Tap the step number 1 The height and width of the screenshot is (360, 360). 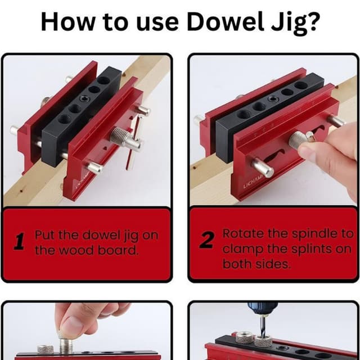pos(19,242)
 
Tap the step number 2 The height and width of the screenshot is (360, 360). pos(206,241)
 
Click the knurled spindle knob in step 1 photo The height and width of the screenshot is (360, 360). pos(119,137)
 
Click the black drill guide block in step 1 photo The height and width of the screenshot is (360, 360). pos(79,112)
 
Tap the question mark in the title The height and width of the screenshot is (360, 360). pos(313,22)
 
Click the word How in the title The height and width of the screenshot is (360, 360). pos(64,22)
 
